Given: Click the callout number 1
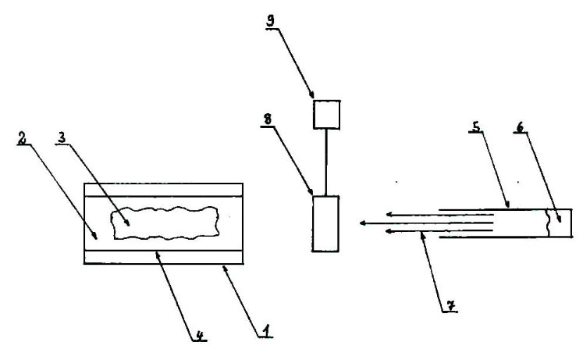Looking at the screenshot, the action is click(x=265, y=330).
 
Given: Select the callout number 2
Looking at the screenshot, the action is click(x=23, y=138).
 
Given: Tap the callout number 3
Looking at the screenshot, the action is click(x=62, y=138).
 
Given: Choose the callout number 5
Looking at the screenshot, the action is click(x=476, y=127).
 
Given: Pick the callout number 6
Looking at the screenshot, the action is click(x=520, y=127).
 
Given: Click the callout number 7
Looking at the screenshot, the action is click(x=450, y=305).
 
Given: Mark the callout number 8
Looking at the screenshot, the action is click(x=268, y=119).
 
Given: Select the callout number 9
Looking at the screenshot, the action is click(x=270, y=21).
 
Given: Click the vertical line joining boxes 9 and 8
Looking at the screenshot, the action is click(x=326, y=162).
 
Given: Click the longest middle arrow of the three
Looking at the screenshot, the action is click(x=426, y=223).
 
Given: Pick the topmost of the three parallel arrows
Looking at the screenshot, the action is click(x=439, y=214).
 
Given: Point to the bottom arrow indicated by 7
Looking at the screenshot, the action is click(x=439, y=231).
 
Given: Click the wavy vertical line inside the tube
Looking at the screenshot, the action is click(x=548, y=223).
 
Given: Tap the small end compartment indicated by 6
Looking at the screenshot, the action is click(x=560, y=223).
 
